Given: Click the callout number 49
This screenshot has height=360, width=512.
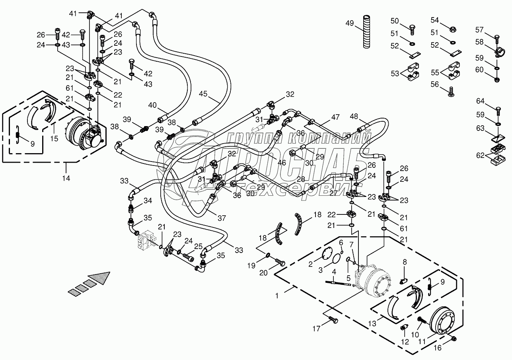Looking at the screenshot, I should click(x=349, y=23).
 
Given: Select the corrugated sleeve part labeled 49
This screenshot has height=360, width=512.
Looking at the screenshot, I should click(x=366, y=32).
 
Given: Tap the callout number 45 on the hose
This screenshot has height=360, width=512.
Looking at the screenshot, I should click(x=204, y=94).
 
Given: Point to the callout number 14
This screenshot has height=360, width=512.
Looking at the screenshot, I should click(x=66, y=178).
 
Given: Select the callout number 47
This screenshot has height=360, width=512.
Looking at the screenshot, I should click(x=335, y=117).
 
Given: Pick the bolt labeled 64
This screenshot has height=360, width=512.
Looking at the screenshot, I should click(x=498, y=109).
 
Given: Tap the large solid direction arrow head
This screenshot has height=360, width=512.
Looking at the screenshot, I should click(x=99, y=277).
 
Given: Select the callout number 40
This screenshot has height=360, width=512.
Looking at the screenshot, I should click(x=153, y=105).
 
